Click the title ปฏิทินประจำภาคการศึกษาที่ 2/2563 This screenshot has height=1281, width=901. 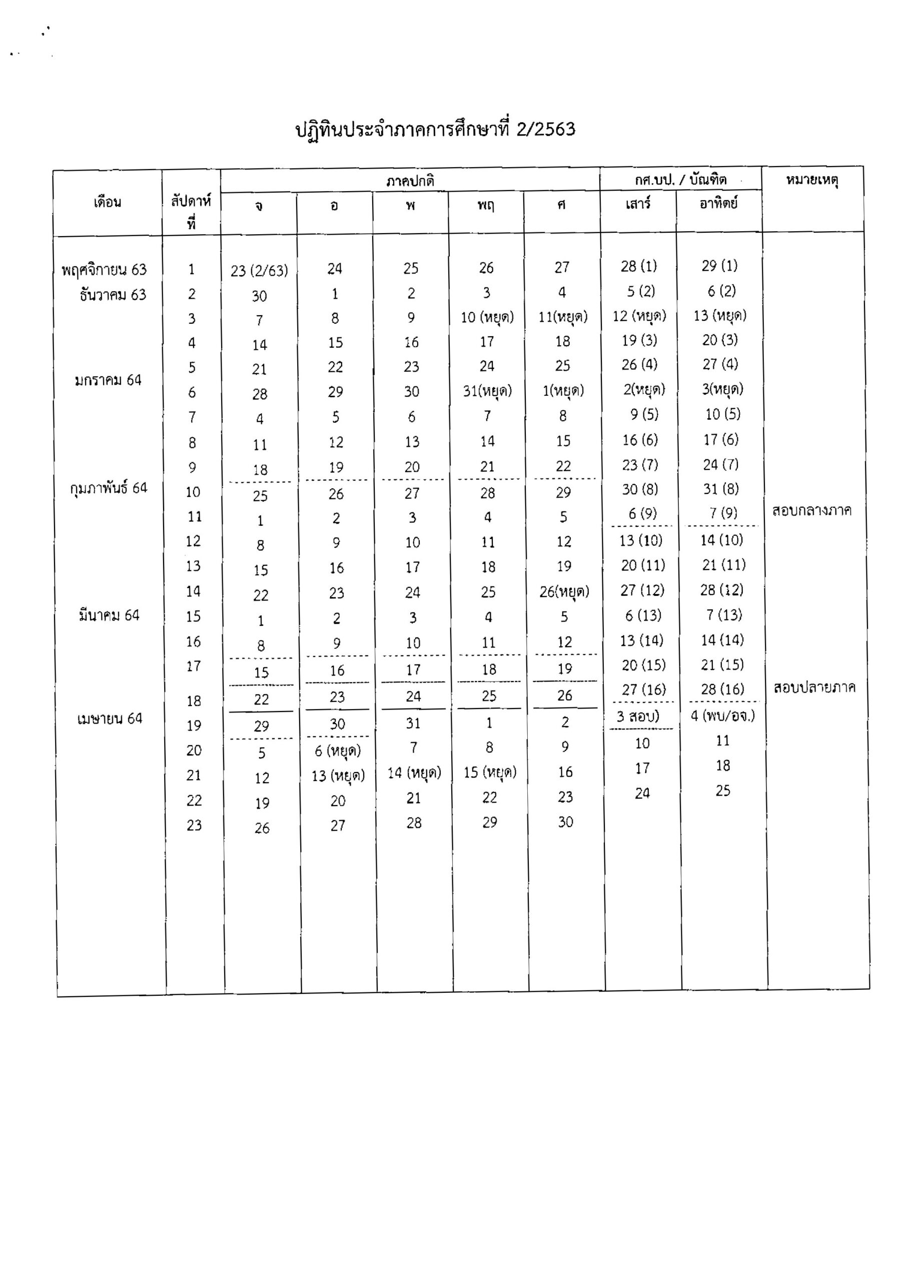[435, 130]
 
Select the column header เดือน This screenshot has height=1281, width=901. [107, 202]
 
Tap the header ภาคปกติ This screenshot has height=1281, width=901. [410, 181]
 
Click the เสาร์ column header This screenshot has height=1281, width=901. [638, 204]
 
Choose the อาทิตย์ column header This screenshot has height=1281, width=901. [718, 204]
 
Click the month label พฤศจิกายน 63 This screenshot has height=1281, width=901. [105, 270]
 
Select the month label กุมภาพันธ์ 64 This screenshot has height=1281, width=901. [108, 488]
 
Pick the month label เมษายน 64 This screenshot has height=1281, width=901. [110, 719]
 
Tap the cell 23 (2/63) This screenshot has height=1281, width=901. [260, 271]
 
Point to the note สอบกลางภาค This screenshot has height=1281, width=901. [812, 510]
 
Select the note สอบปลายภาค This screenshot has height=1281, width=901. [814, 688]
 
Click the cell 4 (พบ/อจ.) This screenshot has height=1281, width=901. [722, 716]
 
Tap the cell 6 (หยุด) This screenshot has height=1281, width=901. [338, 752]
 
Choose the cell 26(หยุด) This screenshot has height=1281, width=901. [564, 591]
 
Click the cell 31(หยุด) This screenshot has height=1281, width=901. [487, 391]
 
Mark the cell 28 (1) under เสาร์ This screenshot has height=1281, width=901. [639, 266]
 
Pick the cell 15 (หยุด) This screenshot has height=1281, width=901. [490, 772]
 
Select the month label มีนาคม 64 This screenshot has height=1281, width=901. [109, 615]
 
